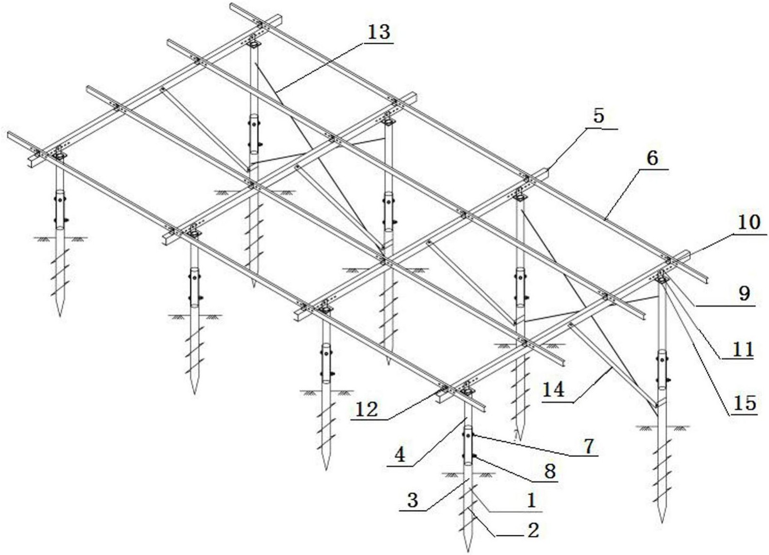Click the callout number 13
point(379,33)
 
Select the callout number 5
point(598,116)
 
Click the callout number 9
point(744,293)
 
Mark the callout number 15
point(745,403)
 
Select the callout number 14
point(553,390)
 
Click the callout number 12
point(367,410)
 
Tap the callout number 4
point(400,455)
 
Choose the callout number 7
point(589,446)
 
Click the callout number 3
point(412,500)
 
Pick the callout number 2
point(533,530)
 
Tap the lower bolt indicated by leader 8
point(474,456)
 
